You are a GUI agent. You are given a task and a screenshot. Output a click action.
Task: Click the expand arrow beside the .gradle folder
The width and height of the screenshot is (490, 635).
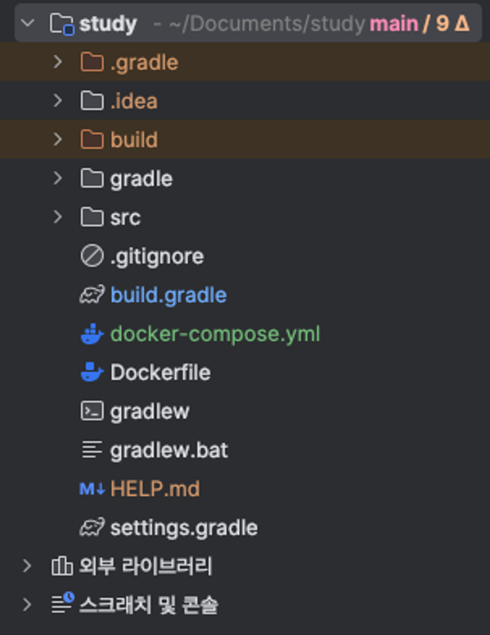58,62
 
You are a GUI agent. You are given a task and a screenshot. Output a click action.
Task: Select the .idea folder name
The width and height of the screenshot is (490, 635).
134,101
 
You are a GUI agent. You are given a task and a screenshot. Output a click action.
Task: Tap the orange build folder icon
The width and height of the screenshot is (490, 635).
92,140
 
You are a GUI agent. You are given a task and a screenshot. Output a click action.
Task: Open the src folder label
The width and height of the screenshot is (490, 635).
125,217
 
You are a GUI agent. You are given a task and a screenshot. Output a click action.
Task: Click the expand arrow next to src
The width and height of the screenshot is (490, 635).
58,217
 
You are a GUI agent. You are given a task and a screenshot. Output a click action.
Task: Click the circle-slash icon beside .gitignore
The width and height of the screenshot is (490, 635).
92,256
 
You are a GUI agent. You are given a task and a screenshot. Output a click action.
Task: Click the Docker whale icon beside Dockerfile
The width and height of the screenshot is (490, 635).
92,372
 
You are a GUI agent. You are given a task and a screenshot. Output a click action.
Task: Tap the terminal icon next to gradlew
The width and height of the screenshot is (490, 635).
92,411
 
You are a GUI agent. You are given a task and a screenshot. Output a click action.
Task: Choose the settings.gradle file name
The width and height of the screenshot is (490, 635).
184,528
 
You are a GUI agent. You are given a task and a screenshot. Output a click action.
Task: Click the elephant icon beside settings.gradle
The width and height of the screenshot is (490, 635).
92,527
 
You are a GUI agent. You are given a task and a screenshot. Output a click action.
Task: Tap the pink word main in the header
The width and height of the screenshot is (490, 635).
394,24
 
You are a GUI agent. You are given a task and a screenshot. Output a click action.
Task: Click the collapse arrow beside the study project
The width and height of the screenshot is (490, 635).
28,23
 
